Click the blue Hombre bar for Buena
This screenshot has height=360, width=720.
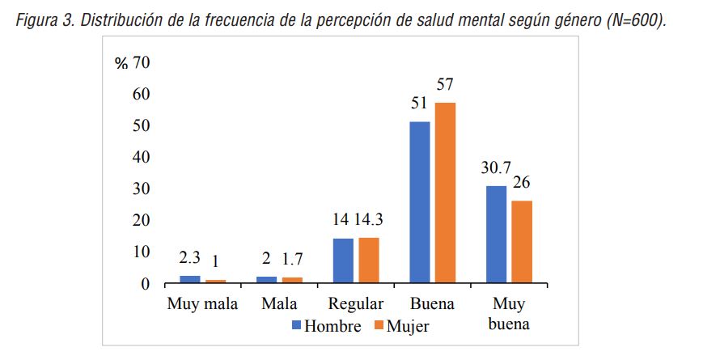tap(419, 202)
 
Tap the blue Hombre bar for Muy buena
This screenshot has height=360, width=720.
tap(496, 235)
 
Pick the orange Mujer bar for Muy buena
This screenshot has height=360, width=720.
tap(522, 242)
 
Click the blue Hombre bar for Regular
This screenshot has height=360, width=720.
tap(343, 260)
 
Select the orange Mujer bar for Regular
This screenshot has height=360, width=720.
tap(369, 260)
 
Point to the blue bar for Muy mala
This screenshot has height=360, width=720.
tap(190, 279)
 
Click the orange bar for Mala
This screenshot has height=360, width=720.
tap(292, 280)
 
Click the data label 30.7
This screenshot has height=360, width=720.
tap(495, 167)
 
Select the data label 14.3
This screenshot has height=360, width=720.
tap(373, 220)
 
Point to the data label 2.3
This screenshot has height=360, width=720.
tap(189, 258)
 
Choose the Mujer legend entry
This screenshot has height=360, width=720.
tap(401, 326)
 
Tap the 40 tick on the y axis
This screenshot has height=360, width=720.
tap(141, 157)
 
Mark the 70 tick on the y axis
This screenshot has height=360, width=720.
tap(141, 63)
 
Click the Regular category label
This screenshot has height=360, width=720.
tap(356, 304)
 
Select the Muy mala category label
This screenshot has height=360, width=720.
tap(202, 304)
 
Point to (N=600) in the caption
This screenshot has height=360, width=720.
tap(635, 21)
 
